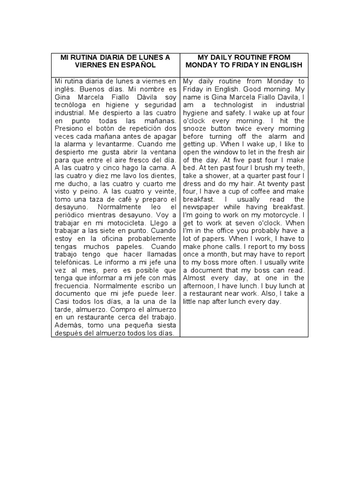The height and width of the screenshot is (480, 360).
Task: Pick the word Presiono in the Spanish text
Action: [69, 128]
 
